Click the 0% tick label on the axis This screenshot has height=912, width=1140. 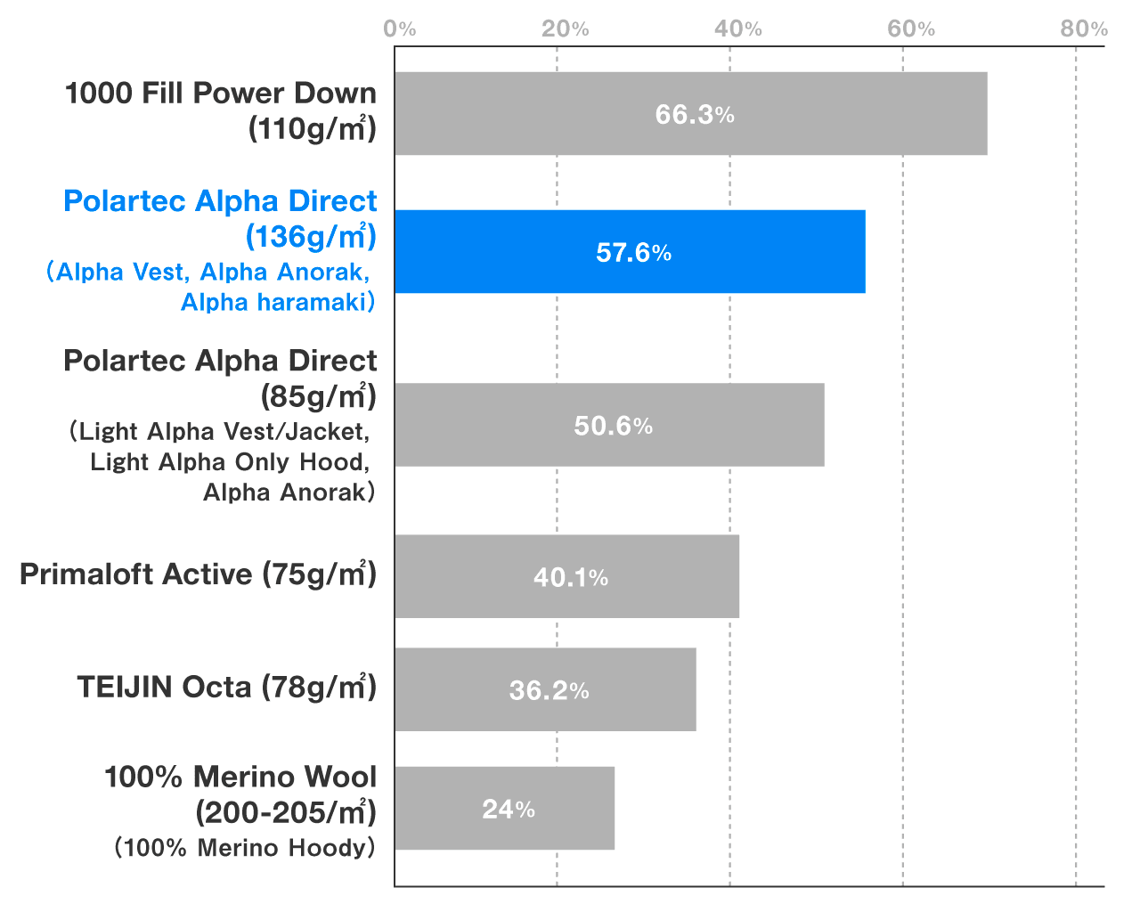tap(400, 28)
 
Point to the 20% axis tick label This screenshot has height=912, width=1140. tap(566, 28)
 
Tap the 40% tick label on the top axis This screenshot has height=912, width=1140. tap(738, 28)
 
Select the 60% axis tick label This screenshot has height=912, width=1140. tap(911, 28)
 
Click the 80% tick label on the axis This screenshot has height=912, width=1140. tap(1084, 28)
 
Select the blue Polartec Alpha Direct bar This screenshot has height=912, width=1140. tap(631, 252)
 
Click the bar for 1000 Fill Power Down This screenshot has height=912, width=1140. tap(691, 113)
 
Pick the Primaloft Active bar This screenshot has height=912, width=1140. tap(567, 576)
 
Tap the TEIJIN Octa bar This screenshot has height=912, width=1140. tap(546, 689)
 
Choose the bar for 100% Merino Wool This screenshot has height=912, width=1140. tap(505, 808)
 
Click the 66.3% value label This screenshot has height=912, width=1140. tap(695, 115)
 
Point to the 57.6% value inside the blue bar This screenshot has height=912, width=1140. tap(633, 252)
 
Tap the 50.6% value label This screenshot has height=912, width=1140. tap(614, 426)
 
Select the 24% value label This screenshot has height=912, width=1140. tap(509, 810)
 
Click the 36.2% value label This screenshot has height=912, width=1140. tap(550, 690)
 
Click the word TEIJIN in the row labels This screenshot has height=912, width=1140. tap(126, 687)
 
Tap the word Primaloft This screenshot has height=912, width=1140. tap(86, 574)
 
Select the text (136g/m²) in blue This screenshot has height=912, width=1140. tap(311, 236)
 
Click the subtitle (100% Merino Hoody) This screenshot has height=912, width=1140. tap(245, 847)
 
